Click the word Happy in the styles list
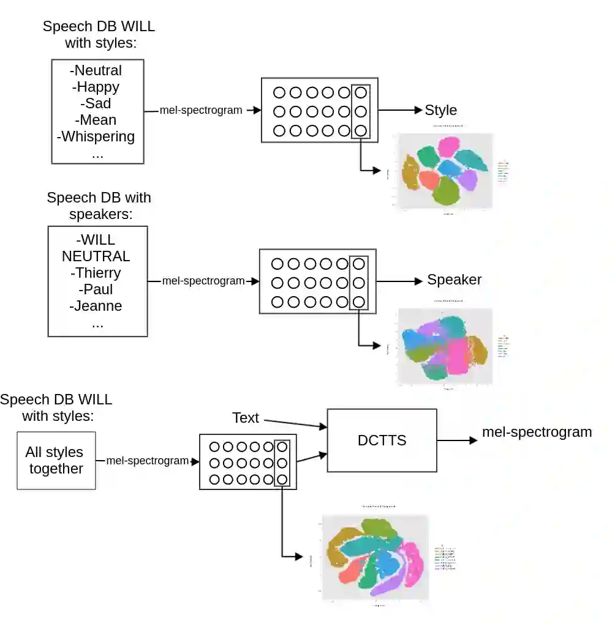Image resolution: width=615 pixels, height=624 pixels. [x=98, y=87]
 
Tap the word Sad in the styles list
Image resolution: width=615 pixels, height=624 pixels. [x=98, y=103]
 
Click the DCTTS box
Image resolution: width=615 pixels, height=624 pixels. [x=382, y=440]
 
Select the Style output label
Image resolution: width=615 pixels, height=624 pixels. [x=441, y=110]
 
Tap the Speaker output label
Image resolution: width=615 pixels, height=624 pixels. [x=455, y=280]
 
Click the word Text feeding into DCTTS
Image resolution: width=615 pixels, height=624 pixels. [x=246, y=418]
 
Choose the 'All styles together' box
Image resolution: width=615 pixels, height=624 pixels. [x=56, y=461]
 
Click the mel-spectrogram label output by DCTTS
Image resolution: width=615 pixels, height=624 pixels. [x=537, y=433]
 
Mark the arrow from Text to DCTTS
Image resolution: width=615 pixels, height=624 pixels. [x=294, y=423]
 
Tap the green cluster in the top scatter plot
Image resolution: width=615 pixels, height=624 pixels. [x=446, y=191]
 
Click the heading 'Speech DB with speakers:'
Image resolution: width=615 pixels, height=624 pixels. [x=99, y=206]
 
